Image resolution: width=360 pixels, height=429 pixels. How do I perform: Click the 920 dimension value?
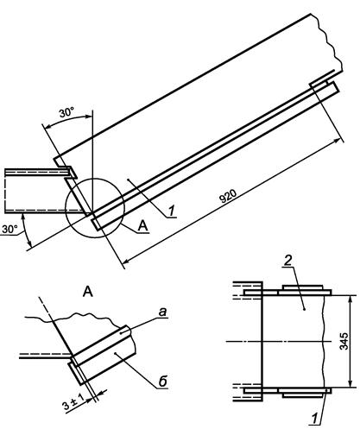[x=228, y=196]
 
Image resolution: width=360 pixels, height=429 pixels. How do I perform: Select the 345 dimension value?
[x=344, y=341]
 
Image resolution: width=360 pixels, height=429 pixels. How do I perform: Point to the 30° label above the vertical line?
[x=66, y=112]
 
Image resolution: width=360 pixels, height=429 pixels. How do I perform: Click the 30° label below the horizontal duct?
[x=9, y=229]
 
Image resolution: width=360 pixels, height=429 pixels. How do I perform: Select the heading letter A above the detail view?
[x=88, y=292]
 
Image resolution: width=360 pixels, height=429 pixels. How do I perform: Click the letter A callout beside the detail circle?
[x=143, y=226]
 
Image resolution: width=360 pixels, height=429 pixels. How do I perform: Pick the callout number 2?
[x=287, y=261]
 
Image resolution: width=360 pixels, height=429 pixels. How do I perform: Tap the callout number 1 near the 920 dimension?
[x=172, y=211]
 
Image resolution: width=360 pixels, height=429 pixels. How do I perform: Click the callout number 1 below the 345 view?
[x=314, y=418]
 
